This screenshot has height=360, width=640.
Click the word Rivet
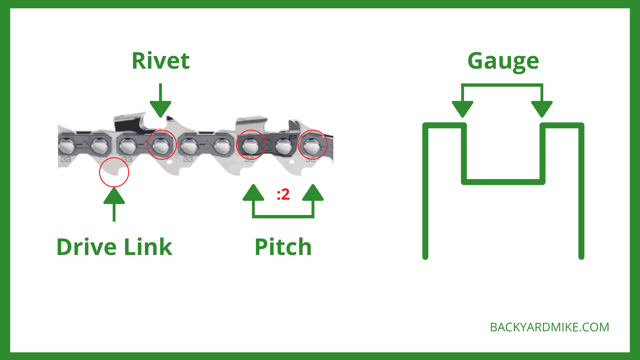tap(161, 61)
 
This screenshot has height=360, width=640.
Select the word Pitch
tap(283, 247)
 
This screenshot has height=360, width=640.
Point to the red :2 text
tap(283, 194)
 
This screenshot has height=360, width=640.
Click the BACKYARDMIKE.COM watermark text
tap(549, 327)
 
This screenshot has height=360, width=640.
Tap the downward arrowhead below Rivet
tap(160, 108)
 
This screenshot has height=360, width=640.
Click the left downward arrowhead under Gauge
tap(462, 108)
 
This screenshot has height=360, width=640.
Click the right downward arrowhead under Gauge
tap(542, 108)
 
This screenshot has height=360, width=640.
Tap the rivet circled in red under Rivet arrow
tap(161, 145)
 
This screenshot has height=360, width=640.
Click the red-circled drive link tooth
tap(114, 172)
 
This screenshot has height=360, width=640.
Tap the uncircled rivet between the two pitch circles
tap(283, 146)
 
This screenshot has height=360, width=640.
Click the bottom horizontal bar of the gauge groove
tap(503, 182)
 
